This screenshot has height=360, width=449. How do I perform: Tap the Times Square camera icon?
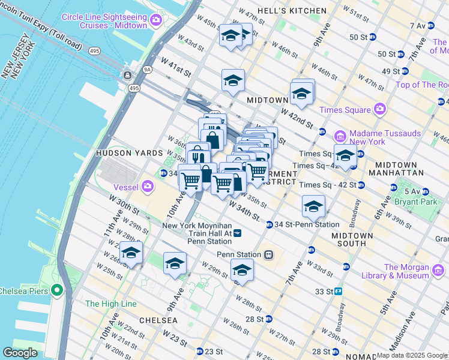coord(379,109)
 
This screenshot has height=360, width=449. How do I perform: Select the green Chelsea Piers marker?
coord(57,291)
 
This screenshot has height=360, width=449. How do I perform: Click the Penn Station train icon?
coord(270,254)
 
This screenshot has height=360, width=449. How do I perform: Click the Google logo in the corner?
coord(20,353)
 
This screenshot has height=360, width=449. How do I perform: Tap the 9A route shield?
coord(147,70)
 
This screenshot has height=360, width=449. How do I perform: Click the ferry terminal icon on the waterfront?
coord(127,76)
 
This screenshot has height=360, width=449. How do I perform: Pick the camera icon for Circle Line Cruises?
coord(156,21)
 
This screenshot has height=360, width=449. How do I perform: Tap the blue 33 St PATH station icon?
coord(339,292)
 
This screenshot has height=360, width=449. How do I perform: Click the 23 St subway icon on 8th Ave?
coord(200,351)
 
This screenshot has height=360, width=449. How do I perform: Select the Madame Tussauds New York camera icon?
coord(338,137)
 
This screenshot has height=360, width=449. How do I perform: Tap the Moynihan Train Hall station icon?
coord(238,233)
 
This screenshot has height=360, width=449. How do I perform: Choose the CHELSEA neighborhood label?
coord(157,320)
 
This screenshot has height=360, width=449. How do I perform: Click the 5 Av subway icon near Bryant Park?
coord(426,191)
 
